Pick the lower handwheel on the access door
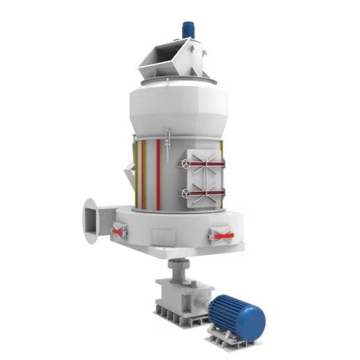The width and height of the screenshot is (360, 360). [x=187, y=194]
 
